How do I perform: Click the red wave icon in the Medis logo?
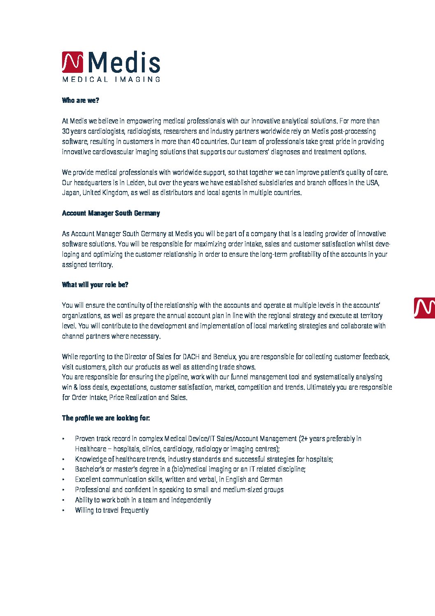72,62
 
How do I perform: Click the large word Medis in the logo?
124,63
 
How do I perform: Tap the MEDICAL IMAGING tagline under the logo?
111,79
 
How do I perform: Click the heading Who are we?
81,100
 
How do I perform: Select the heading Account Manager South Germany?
111,213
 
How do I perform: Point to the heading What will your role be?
95,285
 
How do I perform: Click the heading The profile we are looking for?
106,418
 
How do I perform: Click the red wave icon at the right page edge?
424,308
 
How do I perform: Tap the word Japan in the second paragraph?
70,193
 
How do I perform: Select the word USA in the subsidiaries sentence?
372,183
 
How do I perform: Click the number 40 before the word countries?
196,142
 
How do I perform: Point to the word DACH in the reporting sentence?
191,357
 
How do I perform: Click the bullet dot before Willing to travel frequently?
63,511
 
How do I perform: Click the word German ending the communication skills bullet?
271,479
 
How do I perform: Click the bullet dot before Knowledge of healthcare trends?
63,459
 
